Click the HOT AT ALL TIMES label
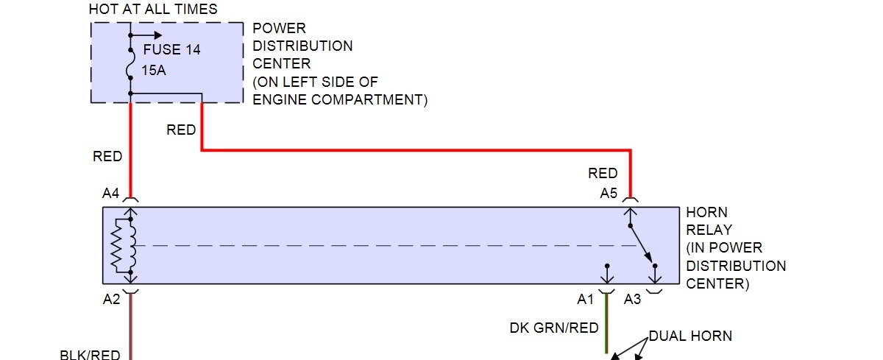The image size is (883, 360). tap(153, 10)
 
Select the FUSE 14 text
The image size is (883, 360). tap(171, 50)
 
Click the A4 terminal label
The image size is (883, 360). tap(110, 194)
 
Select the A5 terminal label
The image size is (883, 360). tap(608, 194)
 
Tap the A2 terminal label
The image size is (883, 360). tap(110, 299)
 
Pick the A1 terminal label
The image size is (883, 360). tap(586, 300)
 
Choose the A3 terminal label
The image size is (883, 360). tap(632, 300)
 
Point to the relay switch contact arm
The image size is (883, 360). tap(640, 242)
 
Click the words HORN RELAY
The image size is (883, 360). tap(710, 221)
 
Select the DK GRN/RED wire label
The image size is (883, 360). tap(554, 328)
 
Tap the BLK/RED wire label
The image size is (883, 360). tap(90, 355)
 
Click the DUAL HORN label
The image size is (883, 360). tap(690, 336)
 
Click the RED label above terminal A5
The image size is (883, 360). tap(603, 174)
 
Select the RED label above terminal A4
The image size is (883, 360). tap(107, 157)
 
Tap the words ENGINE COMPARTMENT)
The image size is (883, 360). tap(340, 99)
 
